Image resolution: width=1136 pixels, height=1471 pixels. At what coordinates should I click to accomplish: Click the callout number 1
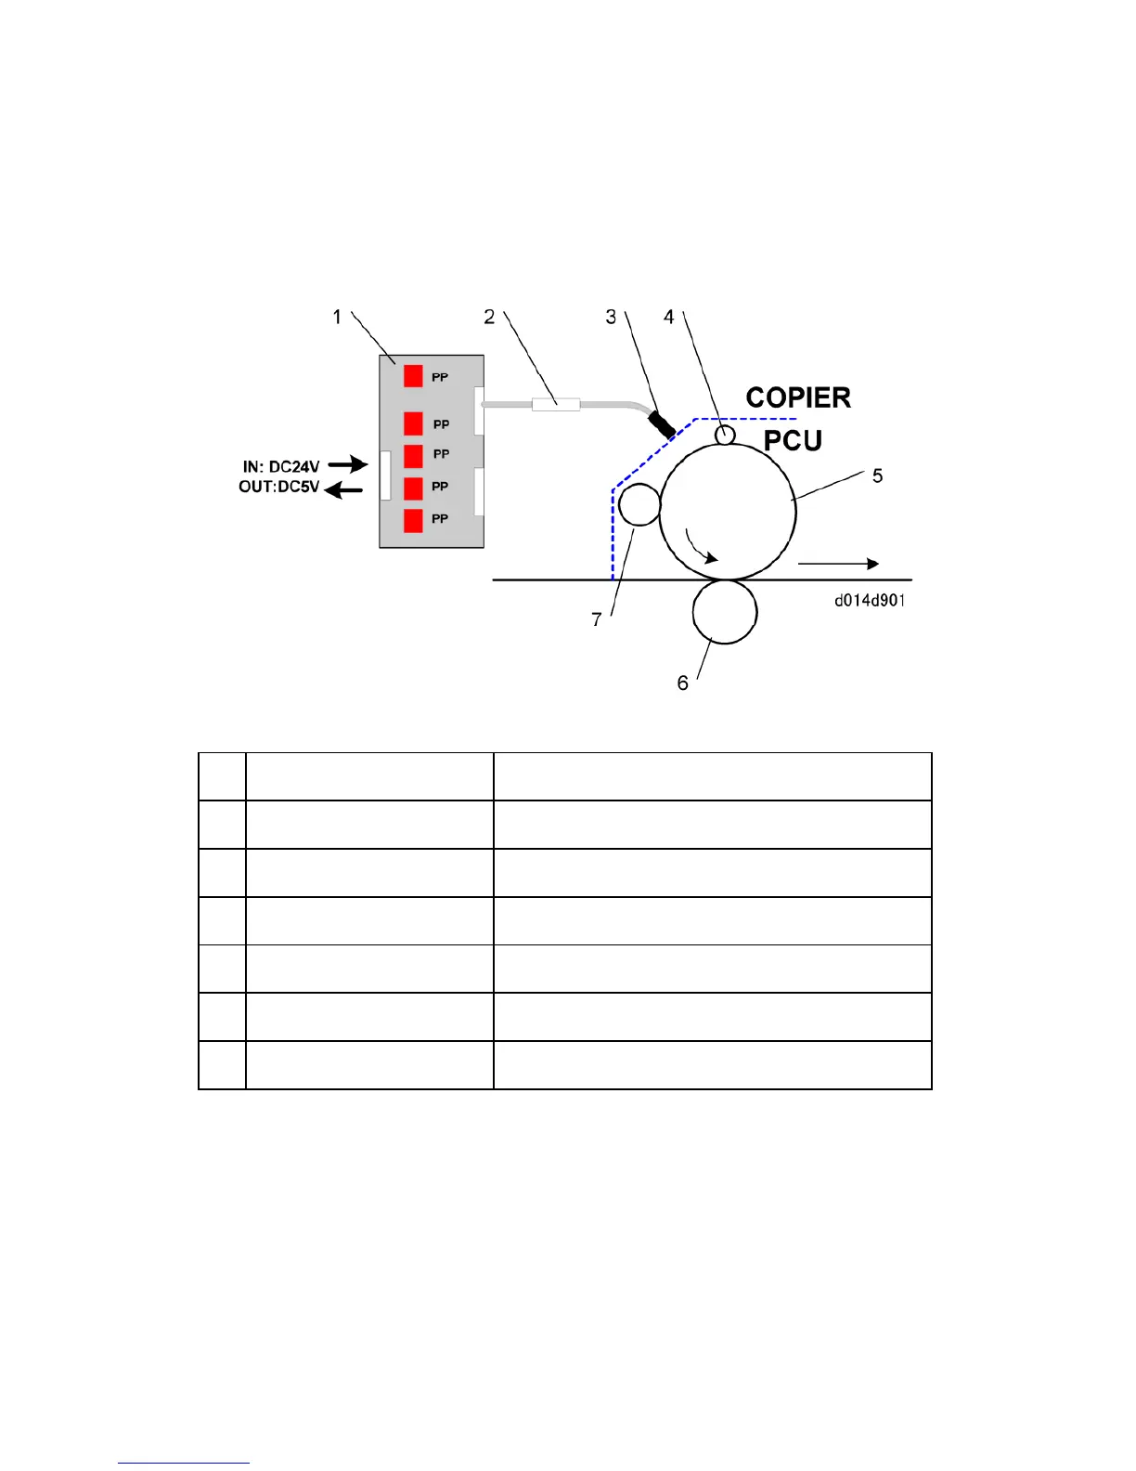point(337,318)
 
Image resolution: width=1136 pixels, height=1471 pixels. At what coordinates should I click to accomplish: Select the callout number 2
point(489,318)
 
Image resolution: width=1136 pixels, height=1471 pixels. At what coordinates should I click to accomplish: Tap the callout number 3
point(611,318)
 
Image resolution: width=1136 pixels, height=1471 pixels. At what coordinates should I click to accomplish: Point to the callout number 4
point(668,318)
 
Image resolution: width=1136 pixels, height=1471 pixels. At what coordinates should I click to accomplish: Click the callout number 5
point(877,476)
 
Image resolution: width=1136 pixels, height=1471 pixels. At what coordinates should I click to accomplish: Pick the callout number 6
point(682,683)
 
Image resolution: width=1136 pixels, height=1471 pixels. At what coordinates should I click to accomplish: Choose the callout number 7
point(597,619)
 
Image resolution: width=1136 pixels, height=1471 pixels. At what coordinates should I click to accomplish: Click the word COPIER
point(798,397)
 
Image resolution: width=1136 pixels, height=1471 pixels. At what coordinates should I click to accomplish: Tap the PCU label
point(793,440)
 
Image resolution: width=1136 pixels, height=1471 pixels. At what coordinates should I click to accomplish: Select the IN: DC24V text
point(281,466)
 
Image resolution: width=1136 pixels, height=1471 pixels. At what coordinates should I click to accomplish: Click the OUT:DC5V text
point(279,487)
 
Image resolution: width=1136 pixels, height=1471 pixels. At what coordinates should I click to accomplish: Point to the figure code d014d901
point(870,600)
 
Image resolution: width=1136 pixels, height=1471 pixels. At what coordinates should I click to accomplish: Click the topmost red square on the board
point(413,376)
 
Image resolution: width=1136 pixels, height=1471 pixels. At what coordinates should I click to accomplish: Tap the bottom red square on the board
point(413,520)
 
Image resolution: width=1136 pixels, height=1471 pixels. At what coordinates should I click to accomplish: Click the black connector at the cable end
point(662,424)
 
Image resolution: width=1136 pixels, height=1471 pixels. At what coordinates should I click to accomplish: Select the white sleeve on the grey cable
point(555,405)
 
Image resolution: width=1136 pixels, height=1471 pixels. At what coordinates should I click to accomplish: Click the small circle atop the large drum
point(725,435)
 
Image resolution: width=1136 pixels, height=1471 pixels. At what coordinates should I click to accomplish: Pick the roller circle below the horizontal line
point(725,612)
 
